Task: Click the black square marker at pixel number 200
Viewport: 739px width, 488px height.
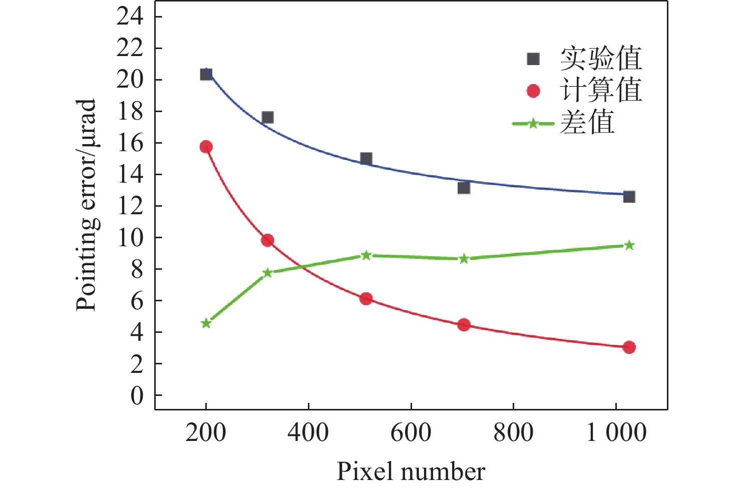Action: click(206, 74)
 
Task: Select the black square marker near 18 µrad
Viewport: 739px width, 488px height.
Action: click(267, 118)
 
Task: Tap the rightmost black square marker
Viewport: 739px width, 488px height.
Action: click(629, 197)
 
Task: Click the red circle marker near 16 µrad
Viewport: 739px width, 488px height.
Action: click(206, 147)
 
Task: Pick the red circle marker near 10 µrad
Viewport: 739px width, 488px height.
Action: click(267, 240)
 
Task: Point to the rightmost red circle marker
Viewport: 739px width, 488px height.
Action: click(629, 347)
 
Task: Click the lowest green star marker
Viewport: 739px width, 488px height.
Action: click(206, 323)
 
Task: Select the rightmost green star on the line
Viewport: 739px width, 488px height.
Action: click(629, 245)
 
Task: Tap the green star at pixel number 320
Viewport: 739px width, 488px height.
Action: click(267, 273)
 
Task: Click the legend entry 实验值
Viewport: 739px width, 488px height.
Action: click(600, 59)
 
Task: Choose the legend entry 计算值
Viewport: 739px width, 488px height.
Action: click(600, 91)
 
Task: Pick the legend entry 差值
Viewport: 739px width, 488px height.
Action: click(587, 123)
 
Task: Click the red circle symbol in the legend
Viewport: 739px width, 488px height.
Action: click(533, 91)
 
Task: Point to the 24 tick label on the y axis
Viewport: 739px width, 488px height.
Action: click(130, 17)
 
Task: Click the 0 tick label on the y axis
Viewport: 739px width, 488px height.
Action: click(137, 395)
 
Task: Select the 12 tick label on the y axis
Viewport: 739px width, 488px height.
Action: click(130, 206)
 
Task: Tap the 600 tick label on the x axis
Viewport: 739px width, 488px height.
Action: click(411, 433)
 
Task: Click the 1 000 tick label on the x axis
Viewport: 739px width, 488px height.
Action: click(616, 433)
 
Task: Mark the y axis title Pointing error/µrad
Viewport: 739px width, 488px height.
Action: click(86, 205)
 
